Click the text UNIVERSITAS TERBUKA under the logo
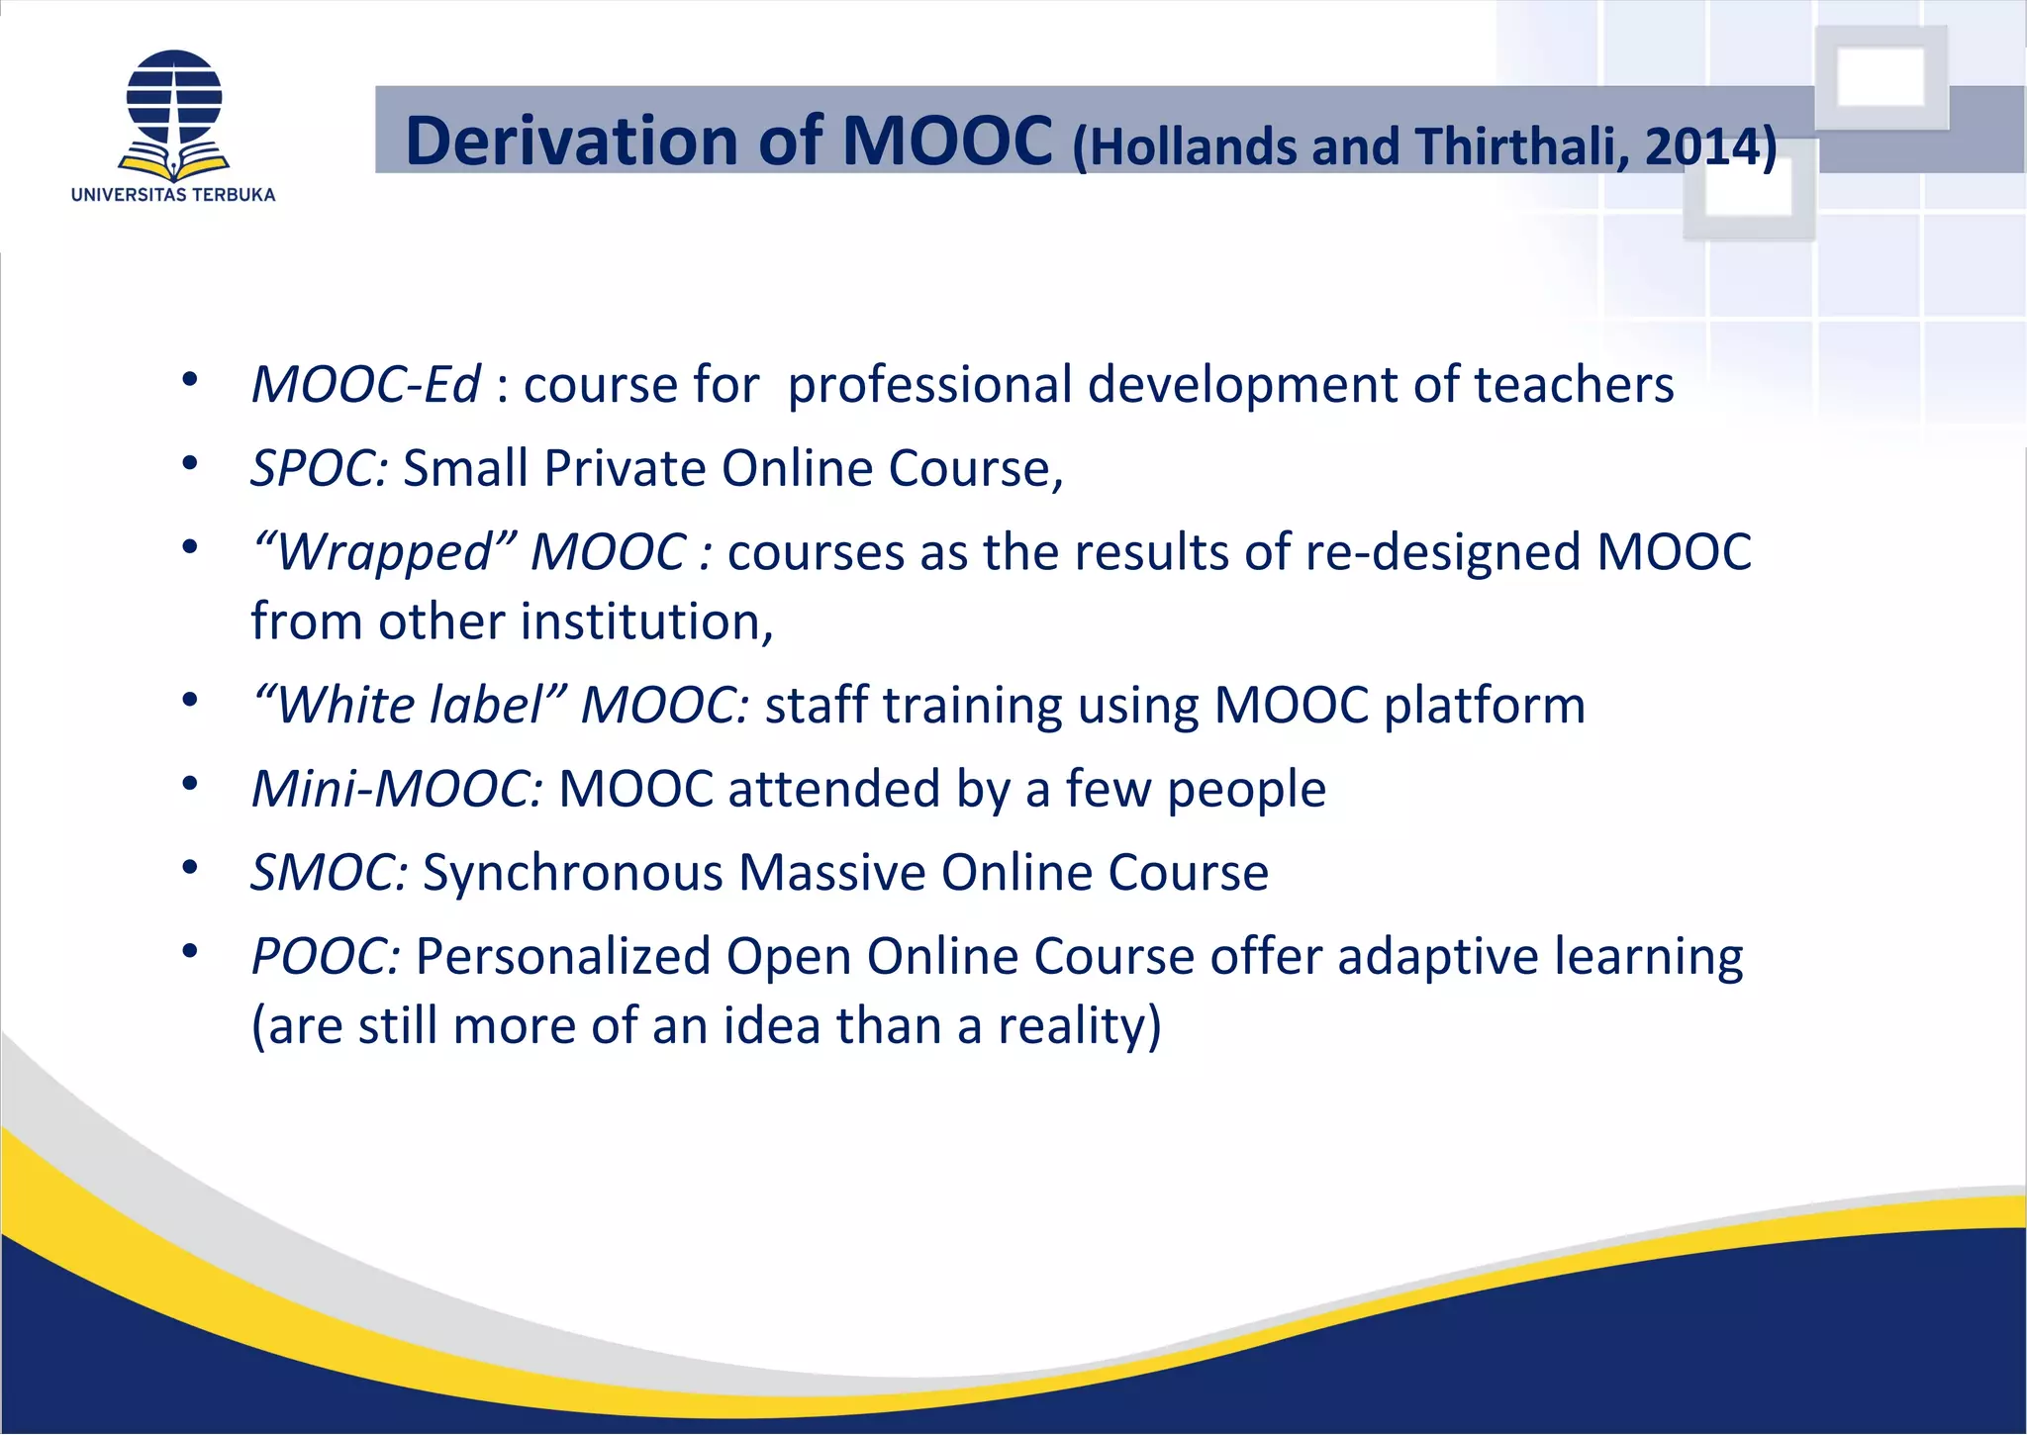(x=173, y=195)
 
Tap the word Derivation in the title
(x=573, y=141)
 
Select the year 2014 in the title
(x=1700, y=147)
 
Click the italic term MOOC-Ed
(x=365, y=384)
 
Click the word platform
(x=1484, y=706)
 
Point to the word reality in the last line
(x=1077, y=1026)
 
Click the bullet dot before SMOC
(x=191, y=868)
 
